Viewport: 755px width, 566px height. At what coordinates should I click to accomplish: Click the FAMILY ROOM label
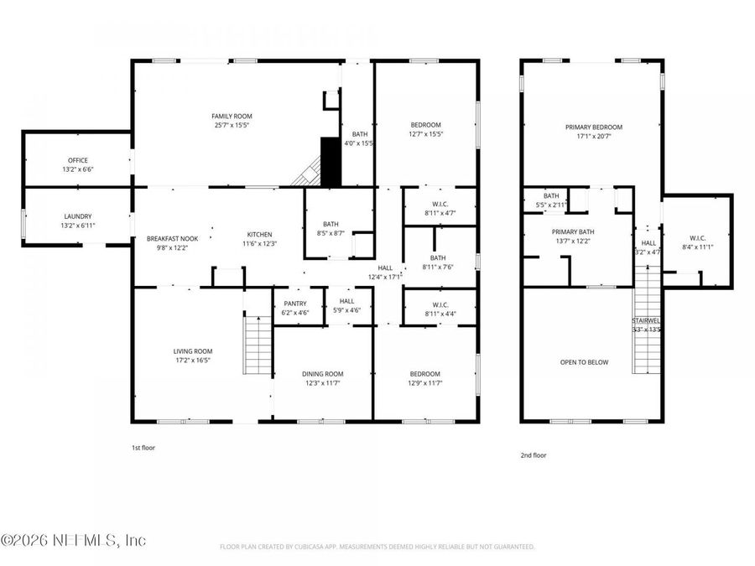(x=232, y=116)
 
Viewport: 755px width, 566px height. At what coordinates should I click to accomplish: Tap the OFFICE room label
(x=77, y=160)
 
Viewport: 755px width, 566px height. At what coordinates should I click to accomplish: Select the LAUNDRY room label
(x=77, y=215)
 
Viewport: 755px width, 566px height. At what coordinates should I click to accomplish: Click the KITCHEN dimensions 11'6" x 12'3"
(x=259, y=244)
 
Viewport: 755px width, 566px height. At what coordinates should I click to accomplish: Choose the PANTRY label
(x=294, y=304)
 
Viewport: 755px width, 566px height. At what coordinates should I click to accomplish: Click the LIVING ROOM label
(x=193, y=351)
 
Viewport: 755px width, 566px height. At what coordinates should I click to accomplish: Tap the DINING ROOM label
(x=323, y=374)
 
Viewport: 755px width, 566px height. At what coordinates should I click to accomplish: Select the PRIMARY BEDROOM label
(x=594, y=127)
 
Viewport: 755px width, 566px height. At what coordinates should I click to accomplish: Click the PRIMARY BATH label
(x=573, y=231)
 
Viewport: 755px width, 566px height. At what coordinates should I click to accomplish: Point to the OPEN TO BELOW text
(x=584, y=362)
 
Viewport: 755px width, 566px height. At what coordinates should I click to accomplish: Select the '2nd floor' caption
(x=533, y=455)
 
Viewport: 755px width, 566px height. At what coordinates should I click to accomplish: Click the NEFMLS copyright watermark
(x=74, y=540)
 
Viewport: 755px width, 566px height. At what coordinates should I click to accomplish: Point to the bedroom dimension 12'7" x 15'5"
(x=425, y=134)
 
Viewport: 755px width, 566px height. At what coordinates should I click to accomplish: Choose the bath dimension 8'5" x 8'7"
(x=331, y=234)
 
